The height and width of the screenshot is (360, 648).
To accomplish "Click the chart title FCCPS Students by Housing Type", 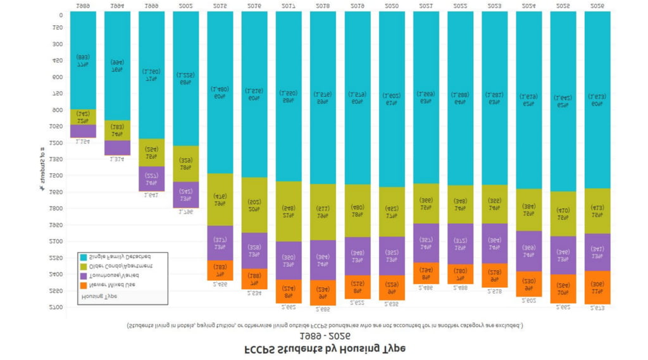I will pos(324,349).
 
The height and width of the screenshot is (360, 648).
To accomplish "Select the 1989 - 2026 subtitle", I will pos(324,336).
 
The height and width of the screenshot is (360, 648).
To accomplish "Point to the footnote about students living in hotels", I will pos(324,326).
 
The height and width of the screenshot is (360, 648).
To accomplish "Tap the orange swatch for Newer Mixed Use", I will pos(82,285).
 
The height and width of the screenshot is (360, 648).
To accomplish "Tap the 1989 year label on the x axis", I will pos(83,5).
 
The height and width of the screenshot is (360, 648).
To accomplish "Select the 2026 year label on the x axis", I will pos(597,5).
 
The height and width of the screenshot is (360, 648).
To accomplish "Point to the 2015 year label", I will pos(220,5).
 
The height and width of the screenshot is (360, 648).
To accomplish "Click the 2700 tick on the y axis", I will pos(57,307).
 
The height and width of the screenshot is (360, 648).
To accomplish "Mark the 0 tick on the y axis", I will pos(61,15).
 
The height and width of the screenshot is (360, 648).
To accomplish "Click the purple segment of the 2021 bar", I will pos(426,243).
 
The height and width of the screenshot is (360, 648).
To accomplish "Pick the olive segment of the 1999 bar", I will pos(151,152).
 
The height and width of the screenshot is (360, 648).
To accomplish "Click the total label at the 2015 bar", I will pos(220,285).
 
